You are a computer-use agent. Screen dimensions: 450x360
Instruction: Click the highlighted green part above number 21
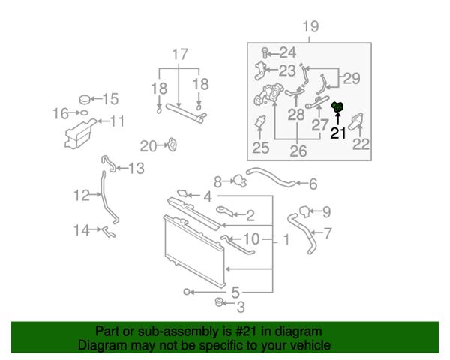click(x=337, y=106)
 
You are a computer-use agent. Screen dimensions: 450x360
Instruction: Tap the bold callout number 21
click(x=338, y=133)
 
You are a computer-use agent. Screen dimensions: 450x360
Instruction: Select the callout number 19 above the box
click(x=310, y=26)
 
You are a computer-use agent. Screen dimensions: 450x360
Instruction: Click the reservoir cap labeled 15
click(x=85, y=100)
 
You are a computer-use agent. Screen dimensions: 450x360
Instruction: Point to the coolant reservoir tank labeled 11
click(x=79, y=133)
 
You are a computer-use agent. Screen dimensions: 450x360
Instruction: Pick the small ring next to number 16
click(x=84, y=112)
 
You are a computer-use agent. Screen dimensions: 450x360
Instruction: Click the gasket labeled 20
click(x=172, y=145)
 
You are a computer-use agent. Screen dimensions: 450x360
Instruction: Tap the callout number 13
click(x=136, y=168)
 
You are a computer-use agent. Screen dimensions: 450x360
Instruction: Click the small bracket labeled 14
click(x=109, y=232)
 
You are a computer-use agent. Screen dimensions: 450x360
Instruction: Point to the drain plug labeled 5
click(x=187, y=292)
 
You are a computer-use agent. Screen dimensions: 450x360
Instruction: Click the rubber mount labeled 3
click(x=219, y=302)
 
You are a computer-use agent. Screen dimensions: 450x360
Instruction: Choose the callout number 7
click(x=327, y=233)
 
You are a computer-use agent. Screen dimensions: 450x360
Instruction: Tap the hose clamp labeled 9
click(x=304, y=211)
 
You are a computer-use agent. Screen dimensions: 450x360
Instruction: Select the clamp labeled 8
click(x=240, y=181)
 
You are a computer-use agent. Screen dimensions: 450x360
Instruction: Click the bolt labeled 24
click(x=265, y=53)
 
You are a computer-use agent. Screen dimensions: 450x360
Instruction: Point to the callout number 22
click(x=361, y=145)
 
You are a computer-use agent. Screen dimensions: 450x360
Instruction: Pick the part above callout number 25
click(x=260, y=122)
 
